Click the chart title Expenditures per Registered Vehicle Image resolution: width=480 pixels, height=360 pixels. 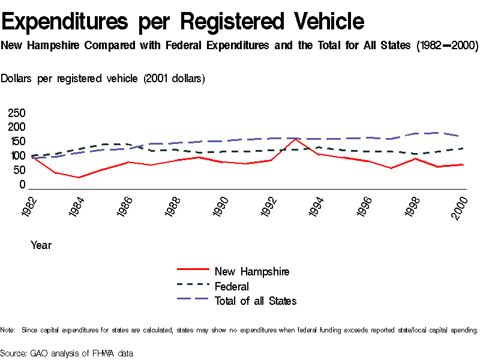(183, 22)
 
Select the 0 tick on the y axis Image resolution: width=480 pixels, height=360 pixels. (22, 184)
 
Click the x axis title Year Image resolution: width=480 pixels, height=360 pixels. (41, 245)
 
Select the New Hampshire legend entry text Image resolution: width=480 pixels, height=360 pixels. (252, 272)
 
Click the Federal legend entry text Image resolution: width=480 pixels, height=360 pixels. (232, 286)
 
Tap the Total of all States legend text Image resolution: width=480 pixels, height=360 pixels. (256, 301)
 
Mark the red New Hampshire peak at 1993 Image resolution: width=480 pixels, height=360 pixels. (295, 139)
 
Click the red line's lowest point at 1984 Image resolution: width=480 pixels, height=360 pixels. (79, 177)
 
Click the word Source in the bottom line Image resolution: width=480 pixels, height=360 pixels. (13, 353)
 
